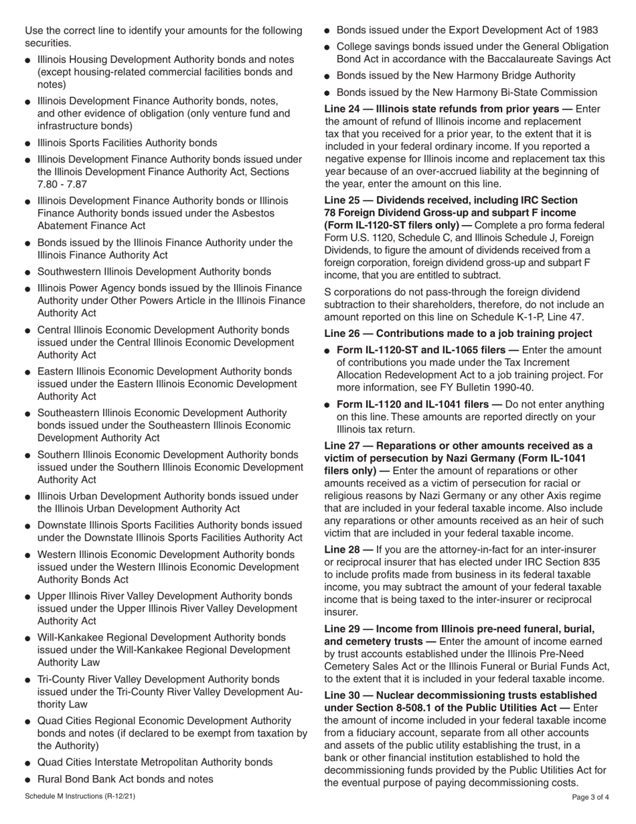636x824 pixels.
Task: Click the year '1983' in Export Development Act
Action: pyautogui.click(x=584, y=29)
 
